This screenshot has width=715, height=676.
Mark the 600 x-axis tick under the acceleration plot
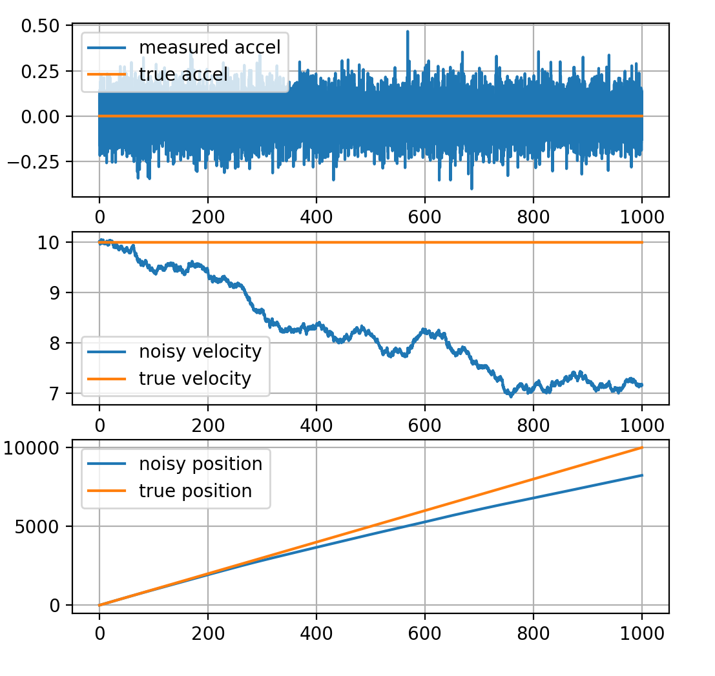point(424,212)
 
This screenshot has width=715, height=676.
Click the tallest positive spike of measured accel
point(408,31)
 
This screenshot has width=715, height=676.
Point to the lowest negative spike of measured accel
point(471,189)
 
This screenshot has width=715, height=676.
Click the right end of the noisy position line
point(642,475)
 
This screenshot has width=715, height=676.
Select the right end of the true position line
point(642,447)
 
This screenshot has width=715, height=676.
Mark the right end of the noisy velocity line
point(642,385)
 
